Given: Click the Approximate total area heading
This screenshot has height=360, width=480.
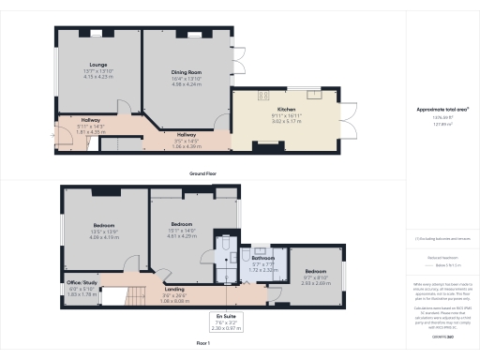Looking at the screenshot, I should [442, 109].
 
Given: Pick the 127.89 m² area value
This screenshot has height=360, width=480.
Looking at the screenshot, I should [442, 122].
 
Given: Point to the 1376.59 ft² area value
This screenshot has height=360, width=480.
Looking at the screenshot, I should [442, 116].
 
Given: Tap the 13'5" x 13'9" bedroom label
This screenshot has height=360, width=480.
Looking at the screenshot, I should [104, 225].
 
